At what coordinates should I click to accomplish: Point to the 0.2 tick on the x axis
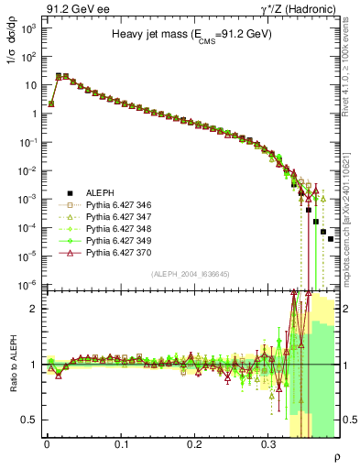194,443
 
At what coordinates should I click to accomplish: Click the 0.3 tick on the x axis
267,443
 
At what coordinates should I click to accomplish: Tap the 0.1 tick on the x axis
121,443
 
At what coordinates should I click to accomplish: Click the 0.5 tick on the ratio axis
30,420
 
